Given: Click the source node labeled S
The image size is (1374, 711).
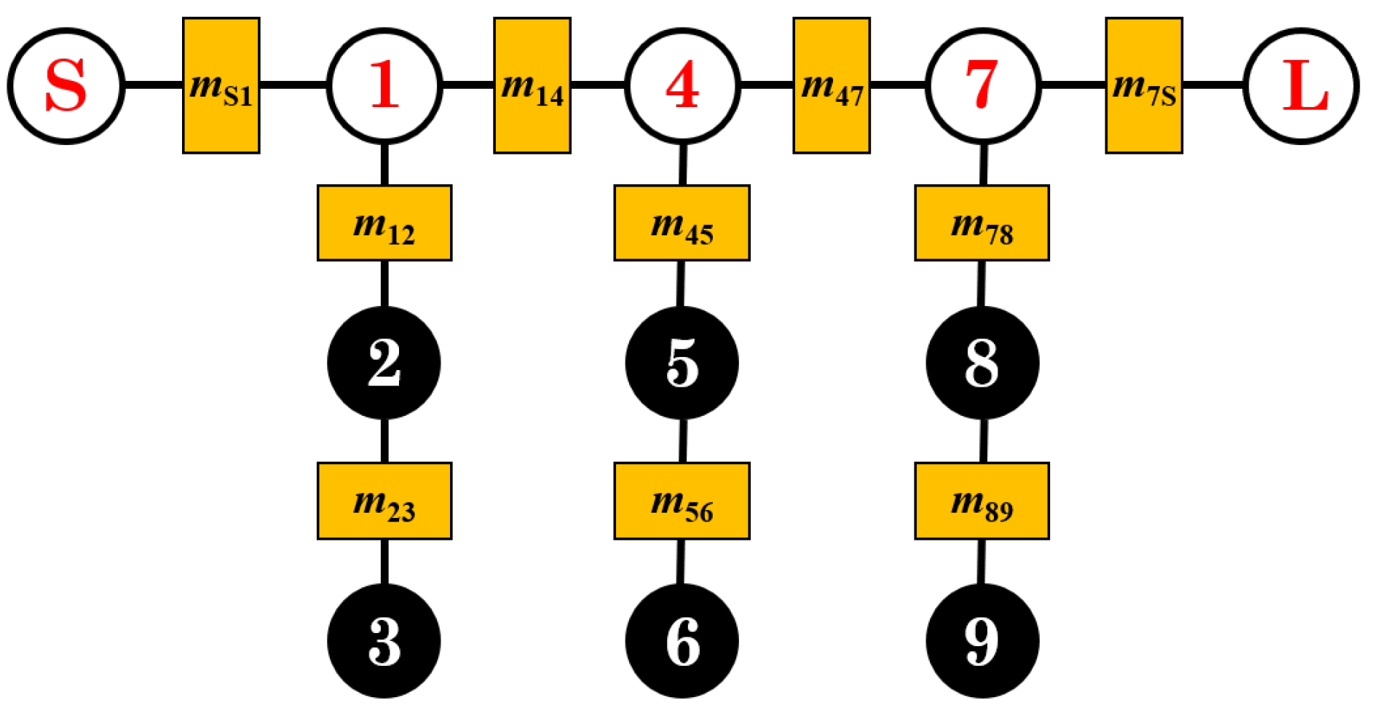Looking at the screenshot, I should (66, 86).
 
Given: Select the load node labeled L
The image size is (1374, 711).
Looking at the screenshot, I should (1300, 86).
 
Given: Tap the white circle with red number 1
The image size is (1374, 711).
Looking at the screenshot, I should (384, 86).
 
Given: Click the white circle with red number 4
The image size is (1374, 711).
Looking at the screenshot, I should (682, 86).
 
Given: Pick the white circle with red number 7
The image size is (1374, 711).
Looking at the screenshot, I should (982, 86).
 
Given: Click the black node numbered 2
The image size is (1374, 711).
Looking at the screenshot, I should (384, 363).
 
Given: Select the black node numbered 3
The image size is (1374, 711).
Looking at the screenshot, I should (384, 641).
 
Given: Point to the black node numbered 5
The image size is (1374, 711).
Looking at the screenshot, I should (682, 363).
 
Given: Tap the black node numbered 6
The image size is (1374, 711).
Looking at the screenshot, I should (682, 641).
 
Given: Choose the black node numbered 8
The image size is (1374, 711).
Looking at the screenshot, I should (982, 363).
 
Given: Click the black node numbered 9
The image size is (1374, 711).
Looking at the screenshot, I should (982, 641).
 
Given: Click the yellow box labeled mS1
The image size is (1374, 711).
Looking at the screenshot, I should (221, 86).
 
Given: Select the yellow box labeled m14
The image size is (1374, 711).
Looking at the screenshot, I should (532, 86).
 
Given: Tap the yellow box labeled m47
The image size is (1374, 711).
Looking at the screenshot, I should (831, 86).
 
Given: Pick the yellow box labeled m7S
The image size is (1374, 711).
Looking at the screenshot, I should (1143, 86).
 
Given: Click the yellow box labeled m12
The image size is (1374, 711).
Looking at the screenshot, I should (384, 223).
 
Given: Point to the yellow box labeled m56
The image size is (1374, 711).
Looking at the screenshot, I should (682, 501).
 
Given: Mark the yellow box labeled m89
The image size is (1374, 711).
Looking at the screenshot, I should (982, 501).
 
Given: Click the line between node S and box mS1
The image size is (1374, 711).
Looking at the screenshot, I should (153, 86).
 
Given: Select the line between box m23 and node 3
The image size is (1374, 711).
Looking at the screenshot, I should (384, 561).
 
